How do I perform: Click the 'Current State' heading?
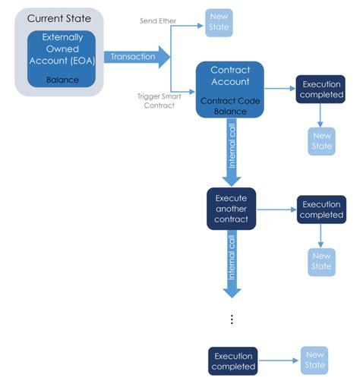pos(58,17)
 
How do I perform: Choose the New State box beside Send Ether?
pos(218,23)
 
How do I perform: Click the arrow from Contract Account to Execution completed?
pos(280,90)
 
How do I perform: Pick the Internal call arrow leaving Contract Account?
pos(232,152)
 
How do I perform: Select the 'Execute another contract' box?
pos(232,208)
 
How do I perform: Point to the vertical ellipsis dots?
pos(232,319)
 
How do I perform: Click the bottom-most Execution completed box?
pos(232,360)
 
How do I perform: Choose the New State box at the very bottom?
pos(314,360)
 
